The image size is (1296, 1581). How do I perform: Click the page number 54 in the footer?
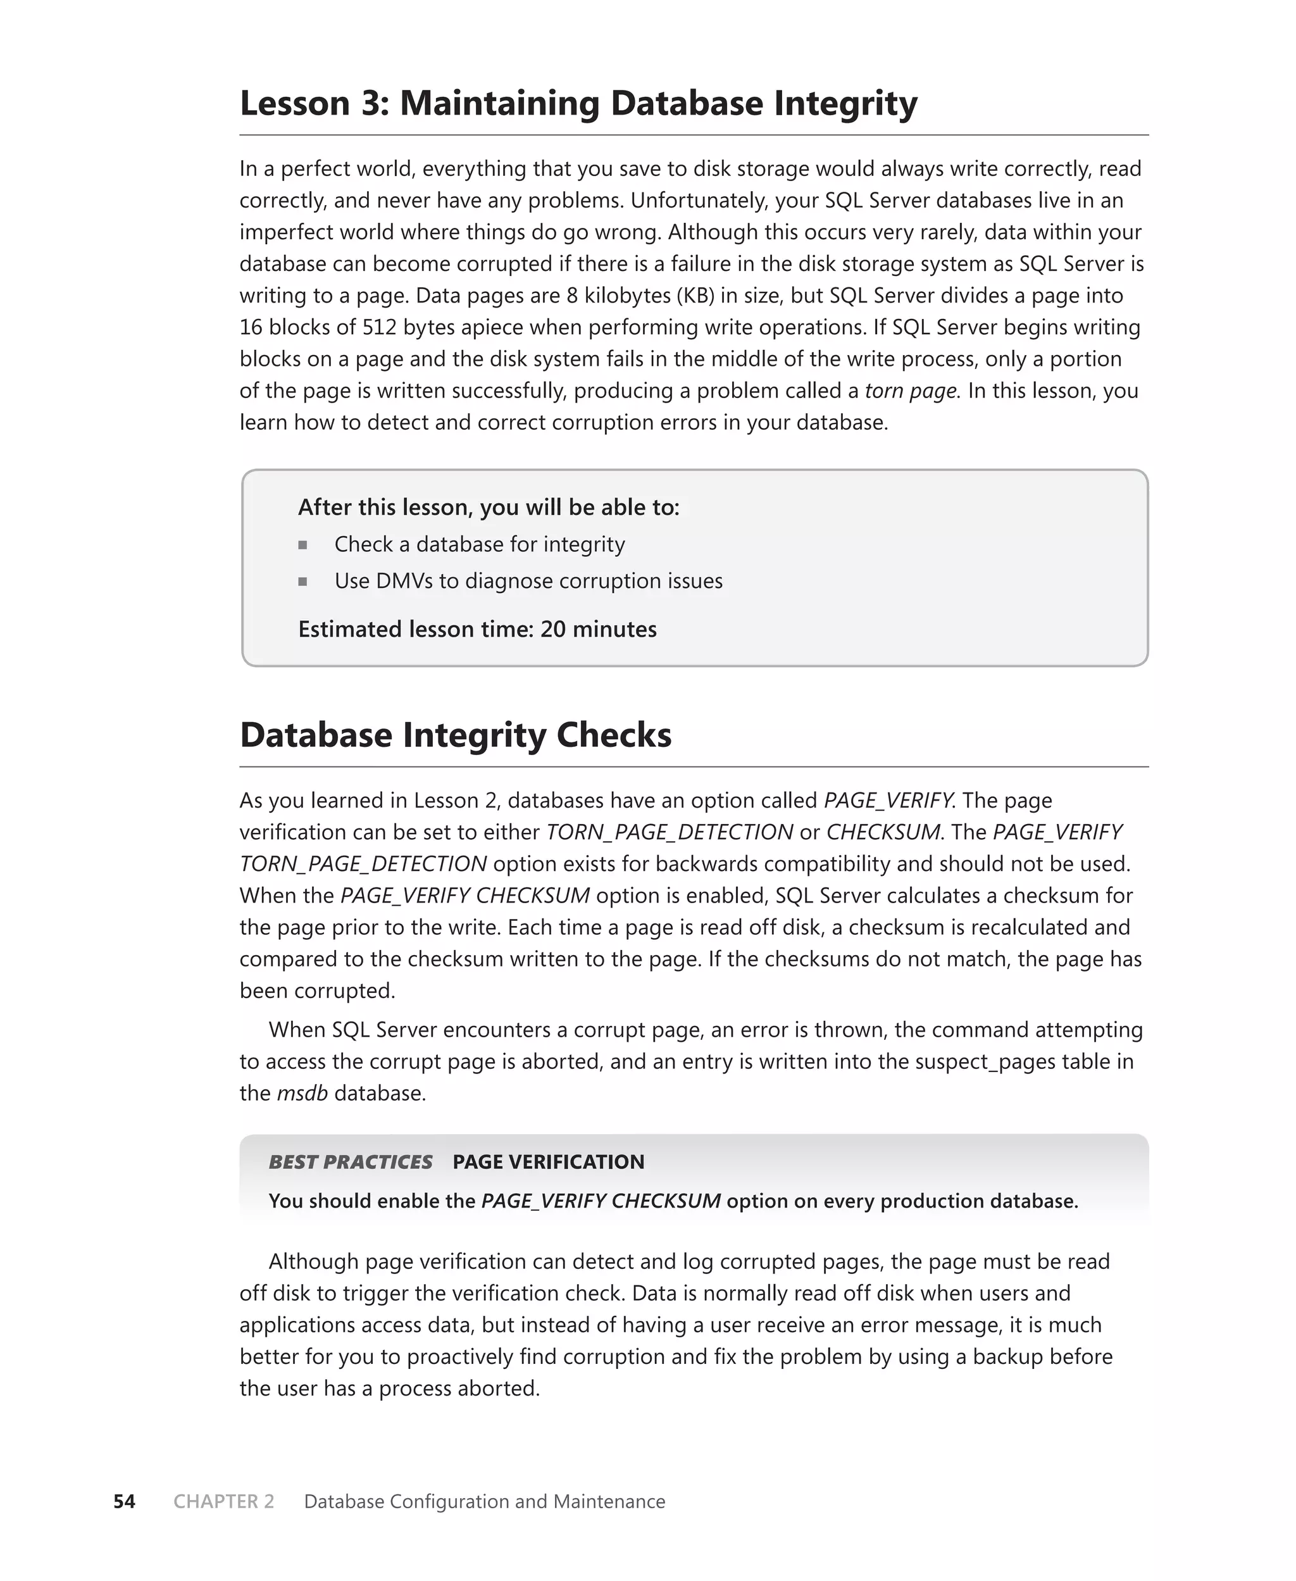[124, 1501]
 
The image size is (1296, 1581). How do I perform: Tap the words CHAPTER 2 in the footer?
[224, 1501]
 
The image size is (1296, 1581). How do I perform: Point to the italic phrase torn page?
[910, 391]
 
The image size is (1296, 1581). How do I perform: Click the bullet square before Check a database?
[302, 545]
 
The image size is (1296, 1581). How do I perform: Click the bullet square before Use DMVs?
[302, 582]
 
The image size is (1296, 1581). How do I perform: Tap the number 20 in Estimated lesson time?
[552, 629]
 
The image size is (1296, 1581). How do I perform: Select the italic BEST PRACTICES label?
[350, 1161]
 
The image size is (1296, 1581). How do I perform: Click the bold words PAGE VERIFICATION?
[548, 1161]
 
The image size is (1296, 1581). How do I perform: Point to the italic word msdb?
[302, 1093]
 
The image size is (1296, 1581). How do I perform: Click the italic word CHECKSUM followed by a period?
[883, 832]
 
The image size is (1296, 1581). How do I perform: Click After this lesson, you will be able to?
[489, 508]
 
